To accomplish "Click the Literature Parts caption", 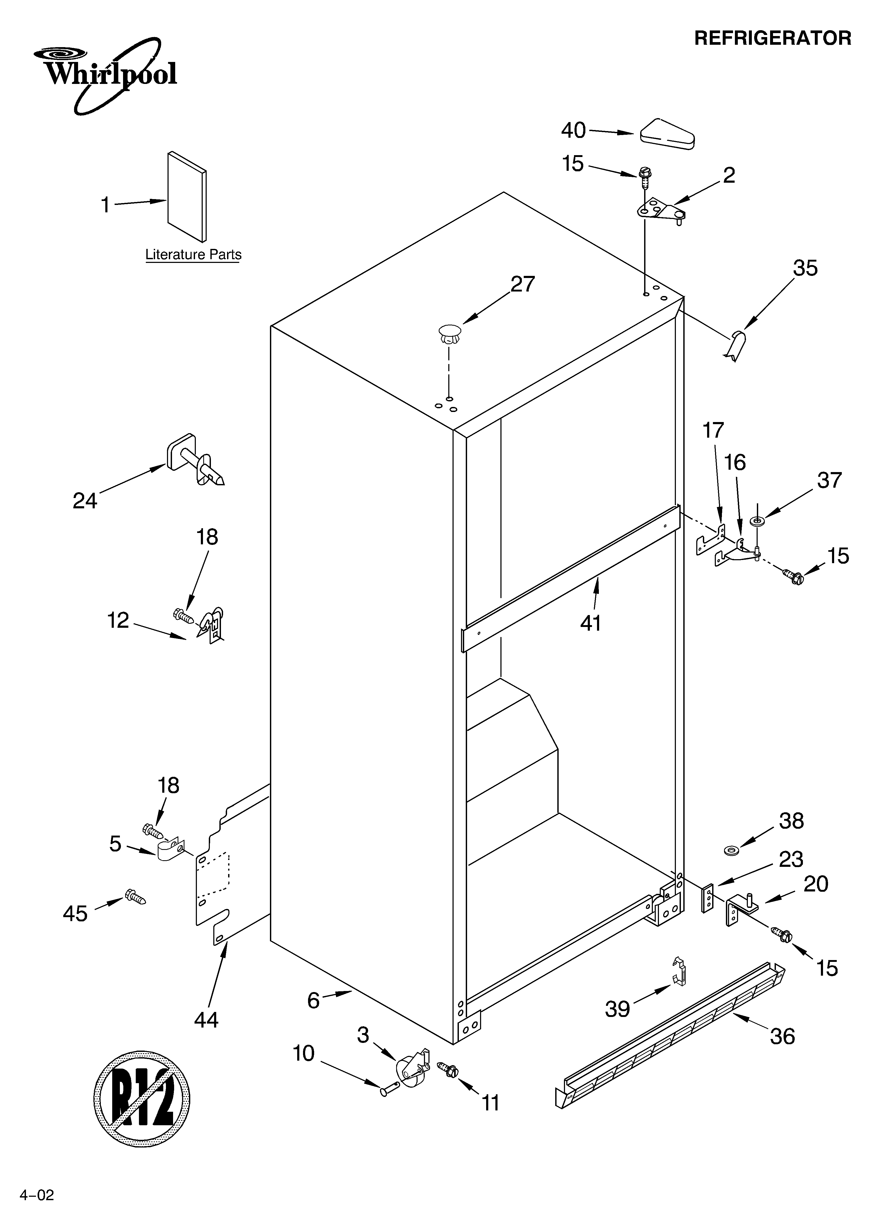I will click(x=193, y=255).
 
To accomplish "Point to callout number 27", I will click(x=522, y=284).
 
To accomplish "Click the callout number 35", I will click(x=805, y=268).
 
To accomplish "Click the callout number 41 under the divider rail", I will click(x=591, y=623).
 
